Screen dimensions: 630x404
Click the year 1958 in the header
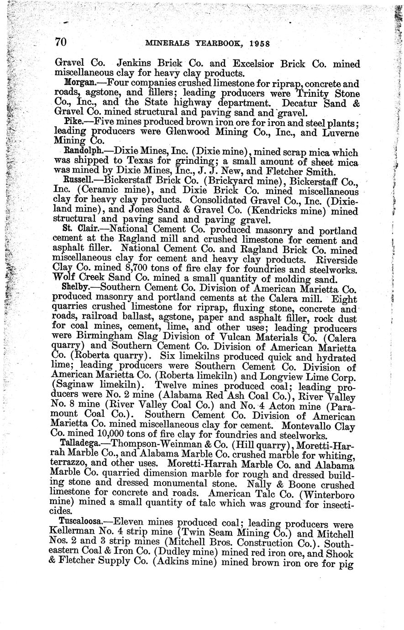click(x=257, y=44)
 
